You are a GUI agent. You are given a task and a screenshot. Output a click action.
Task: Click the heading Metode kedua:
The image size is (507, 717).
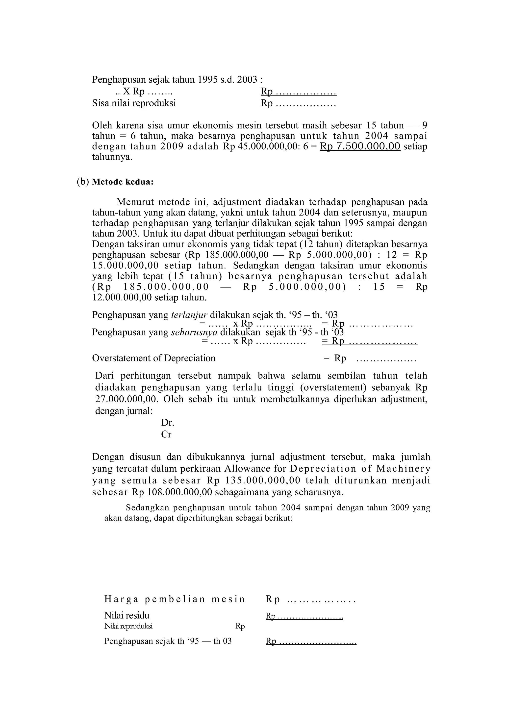pos(123,182)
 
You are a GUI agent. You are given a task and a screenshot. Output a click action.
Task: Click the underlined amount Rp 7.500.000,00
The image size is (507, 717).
pos(360,146)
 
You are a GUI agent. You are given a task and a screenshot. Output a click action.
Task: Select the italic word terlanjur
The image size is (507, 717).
pos(189,315)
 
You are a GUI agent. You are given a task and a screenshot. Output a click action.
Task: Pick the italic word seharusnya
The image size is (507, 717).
pos(194,332)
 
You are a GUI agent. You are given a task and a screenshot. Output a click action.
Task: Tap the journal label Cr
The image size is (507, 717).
pos(166,434)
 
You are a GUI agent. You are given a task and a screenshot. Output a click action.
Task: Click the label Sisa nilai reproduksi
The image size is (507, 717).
pos(134,103)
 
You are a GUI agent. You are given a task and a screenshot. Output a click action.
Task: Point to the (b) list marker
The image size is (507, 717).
pos(83,182)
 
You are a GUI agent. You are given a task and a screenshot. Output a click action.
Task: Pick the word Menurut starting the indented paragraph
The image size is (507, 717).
pos(135,202)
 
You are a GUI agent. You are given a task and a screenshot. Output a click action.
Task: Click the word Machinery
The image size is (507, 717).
pos(403,469)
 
